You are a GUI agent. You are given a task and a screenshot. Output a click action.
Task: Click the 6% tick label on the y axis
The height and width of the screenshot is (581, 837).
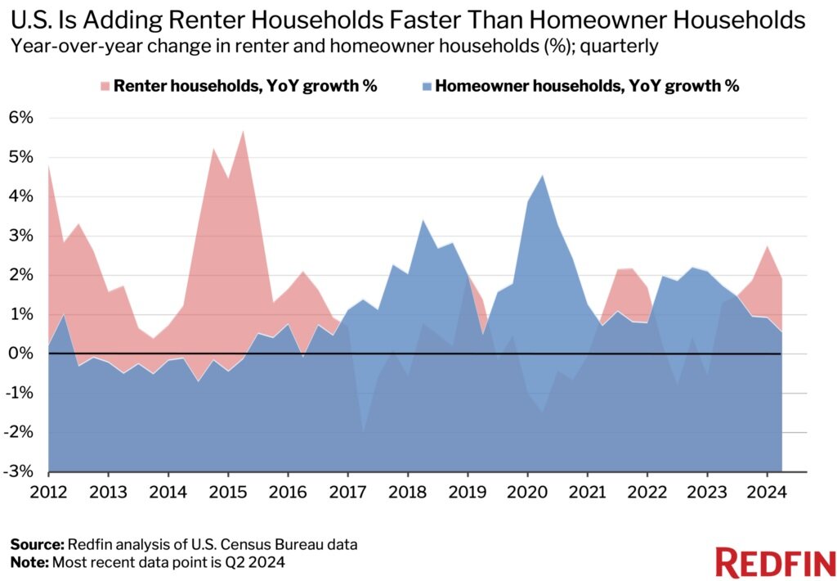coord(22,118)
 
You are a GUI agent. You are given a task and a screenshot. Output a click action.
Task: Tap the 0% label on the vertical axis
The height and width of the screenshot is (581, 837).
coord(22,354)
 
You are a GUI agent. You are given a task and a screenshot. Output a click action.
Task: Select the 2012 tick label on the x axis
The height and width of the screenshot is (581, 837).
coord(48,493)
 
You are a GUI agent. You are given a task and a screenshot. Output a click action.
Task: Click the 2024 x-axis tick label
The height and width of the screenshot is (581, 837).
coord(766,493)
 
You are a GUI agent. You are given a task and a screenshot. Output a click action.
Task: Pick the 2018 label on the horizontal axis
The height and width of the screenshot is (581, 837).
coord(407,493)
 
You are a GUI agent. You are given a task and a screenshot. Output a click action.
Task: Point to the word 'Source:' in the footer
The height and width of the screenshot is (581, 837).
coord(37,544)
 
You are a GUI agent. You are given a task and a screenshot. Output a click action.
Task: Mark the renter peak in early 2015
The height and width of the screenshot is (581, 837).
coord(243,131)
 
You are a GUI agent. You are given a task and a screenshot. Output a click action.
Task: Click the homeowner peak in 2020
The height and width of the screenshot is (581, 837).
coord(543,175)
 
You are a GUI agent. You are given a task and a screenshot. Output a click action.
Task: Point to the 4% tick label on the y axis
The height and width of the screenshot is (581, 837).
coord(22,196)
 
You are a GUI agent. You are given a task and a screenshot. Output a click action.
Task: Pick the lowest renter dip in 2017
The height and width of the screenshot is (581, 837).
coord(363,430)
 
